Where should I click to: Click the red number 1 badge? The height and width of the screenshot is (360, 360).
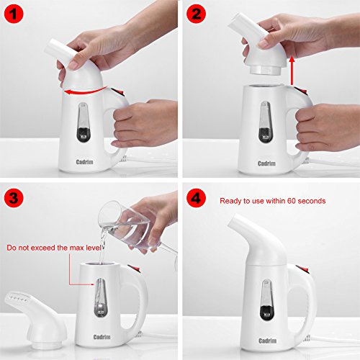tap(14, 14)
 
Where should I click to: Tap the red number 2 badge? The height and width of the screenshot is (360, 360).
tap(196, 14)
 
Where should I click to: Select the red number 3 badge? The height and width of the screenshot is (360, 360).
tap(14, 198)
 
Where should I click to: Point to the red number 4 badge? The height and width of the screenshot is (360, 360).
tap(196, 198)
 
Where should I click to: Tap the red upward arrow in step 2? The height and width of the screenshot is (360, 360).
tap(292, 71)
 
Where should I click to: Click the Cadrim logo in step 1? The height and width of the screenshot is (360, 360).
tap(84, 162)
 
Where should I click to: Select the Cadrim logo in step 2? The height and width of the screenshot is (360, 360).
tap(266, 163)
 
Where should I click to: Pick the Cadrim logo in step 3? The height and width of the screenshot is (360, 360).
tap(102, 337)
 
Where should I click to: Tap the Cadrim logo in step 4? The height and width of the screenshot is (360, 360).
tap(268, 341)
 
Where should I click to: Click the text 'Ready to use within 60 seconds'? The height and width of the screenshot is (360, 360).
tap(273, 201)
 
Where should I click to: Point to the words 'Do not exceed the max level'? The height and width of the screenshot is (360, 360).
tap(54, 248)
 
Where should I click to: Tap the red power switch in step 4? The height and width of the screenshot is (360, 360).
tap(302, 269)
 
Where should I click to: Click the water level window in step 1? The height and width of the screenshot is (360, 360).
tap(84, 122)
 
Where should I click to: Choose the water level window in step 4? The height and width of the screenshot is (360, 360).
tap(267, 300)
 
